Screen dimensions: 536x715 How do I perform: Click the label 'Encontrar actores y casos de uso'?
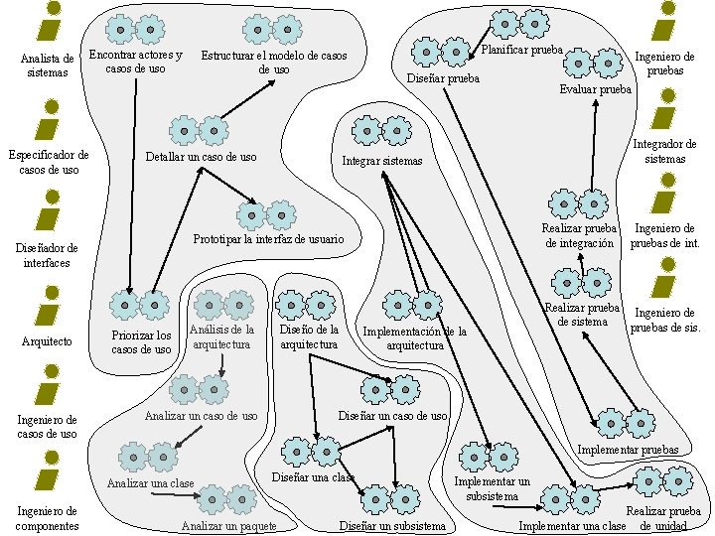coord(135,62)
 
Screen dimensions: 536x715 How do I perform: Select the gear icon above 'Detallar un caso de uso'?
coord(199,129)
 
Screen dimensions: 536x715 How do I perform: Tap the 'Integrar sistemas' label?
coord(382,161)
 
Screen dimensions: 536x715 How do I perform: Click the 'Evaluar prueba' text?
coord(595,89)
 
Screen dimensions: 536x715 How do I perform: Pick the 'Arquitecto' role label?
coord(47,341)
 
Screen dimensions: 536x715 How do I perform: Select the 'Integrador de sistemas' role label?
coord(664,151)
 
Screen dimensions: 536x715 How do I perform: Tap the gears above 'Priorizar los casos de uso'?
coord(139,305)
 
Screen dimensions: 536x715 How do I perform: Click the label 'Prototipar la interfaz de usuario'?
coord(268,239)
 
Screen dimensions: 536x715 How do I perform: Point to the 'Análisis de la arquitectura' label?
coord(223,336)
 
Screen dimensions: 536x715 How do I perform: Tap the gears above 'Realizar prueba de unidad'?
coord(662,481)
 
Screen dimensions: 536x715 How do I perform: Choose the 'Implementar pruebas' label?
coord(628,451)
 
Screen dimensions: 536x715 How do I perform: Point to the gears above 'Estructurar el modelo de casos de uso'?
coord(273,29)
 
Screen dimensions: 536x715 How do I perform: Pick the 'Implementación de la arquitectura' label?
coord(415,337)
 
